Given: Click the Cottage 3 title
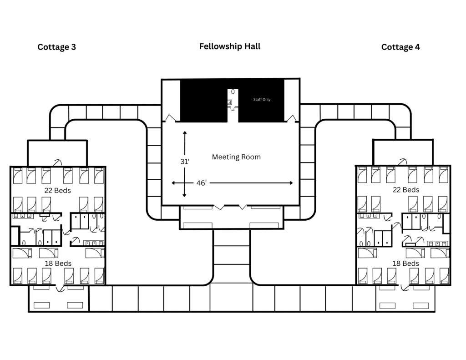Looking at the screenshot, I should pyautogui.click(x=56, y=47).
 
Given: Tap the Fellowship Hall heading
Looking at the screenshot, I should pyautogui.click(x=230, y=46).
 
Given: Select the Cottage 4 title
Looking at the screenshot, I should pyautogui.click(x=400, y=47).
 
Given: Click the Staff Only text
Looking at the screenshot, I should pyautogui.click(x=262, y=99).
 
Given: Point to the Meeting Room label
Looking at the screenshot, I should pyautogui.click(x=236, y=157).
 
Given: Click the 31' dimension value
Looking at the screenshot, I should pyautogui.click(x=184, y=161).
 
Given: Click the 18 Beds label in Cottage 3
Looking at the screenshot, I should pyautogui.click(x=58, y=264).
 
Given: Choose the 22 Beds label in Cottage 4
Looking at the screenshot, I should pyautogui.click(x=405, y=190).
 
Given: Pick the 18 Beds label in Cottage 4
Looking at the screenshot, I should pyautogui.click(x=405, y=264).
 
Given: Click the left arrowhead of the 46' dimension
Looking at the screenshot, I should pyautogui.click(x=173, y=183).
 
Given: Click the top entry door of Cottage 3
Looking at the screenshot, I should pyautogui.click(x=58, y=162).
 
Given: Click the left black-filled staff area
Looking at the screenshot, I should pyautogui.click(x=203, y=100).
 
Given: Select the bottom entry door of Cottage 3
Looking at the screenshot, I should pyautogui.click(x=58, y=288).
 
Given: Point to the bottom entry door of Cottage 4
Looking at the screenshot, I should pyautogui.click(x=405, y=288).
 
